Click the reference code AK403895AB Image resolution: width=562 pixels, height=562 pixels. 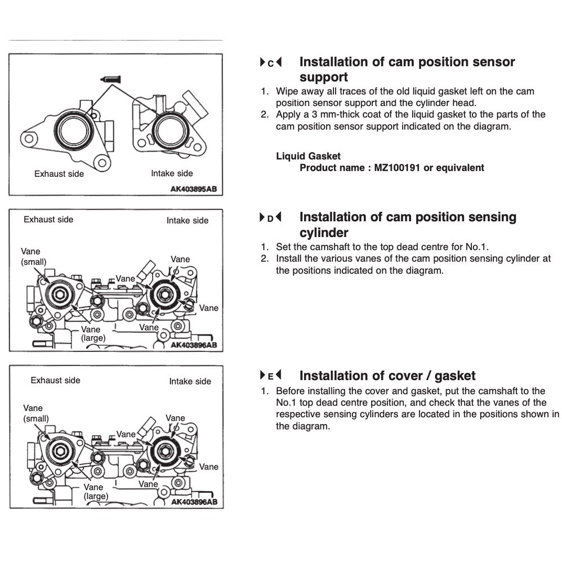click(193, 190)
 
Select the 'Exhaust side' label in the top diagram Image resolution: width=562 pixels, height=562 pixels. click(59, 174)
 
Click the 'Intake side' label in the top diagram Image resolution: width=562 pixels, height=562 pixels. click(172, 173)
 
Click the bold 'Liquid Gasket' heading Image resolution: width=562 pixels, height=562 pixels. click(308, 156)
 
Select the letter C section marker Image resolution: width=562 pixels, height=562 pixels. click(270, 63)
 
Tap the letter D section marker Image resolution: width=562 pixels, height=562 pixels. click(270, 218)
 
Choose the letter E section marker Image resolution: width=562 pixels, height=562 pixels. click(270, 376)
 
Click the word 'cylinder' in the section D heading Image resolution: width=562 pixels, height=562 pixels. click(324, 233)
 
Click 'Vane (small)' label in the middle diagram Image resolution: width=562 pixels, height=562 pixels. click(33, 257)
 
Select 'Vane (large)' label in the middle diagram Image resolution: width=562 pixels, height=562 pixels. click(91, 334)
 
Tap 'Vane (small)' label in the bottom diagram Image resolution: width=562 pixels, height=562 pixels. click(35, 413)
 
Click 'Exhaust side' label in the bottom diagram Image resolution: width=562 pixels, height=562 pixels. click(55, 381)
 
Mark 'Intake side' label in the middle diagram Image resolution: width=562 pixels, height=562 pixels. click(187, 221)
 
